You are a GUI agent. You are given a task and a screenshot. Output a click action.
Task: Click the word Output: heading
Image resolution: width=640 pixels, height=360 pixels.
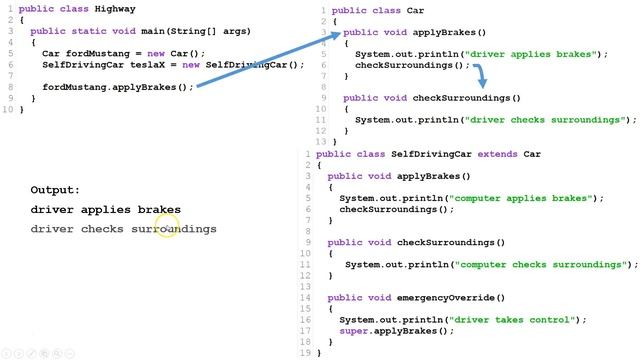point(55,190)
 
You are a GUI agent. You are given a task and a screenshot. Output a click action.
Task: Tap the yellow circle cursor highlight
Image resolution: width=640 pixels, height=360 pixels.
point(167,229)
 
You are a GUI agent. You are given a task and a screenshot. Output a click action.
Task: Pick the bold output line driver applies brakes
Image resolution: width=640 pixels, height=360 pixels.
point(105,210)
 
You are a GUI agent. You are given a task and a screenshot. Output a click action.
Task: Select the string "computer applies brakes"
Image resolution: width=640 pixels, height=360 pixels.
point(528,198)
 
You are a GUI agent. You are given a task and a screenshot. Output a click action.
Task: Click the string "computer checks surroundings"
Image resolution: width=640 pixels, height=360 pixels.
point(540,264)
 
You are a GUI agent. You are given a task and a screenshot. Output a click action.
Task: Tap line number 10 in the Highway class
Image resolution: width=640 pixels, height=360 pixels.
point(7,109)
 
